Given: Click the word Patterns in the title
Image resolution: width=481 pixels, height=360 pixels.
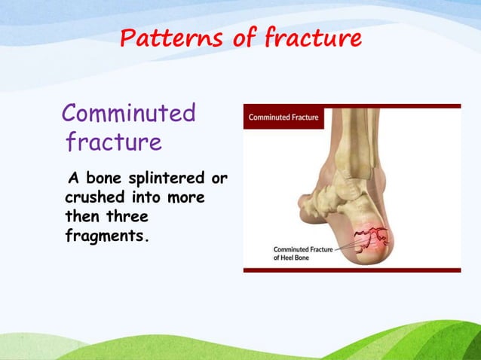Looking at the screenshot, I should pyautogui.click(x=166, y=37).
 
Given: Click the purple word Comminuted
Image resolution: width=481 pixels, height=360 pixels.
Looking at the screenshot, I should pyautogui.click(x=129, y=113).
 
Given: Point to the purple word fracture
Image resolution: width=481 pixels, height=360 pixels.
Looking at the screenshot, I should pyautogui.click(x=114, y=142).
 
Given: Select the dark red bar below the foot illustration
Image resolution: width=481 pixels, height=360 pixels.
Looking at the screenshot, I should pyautogui.click(x=351, y=270).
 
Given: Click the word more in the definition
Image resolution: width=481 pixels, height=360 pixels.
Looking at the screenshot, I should pyautogui.click(x=198, y=198).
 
